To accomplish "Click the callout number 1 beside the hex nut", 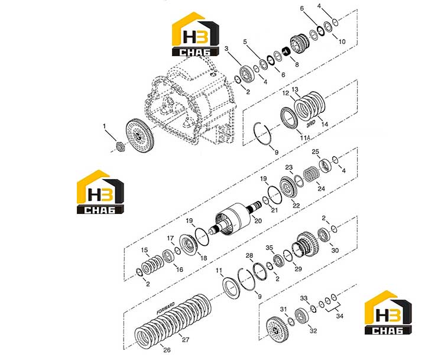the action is [105, 127].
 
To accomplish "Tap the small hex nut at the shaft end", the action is [121, 147].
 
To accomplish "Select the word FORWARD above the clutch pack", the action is [166, 309].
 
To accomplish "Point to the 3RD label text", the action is [311, 124].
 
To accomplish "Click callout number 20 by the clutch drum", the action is [258, 220].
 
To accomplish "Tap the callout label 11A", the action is [306, 138].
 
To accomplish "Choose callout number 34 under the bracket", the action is [339, 316].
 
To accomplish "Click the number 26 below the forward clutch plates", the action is [167, 350].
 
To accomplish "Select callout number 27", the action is [186, 340].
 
